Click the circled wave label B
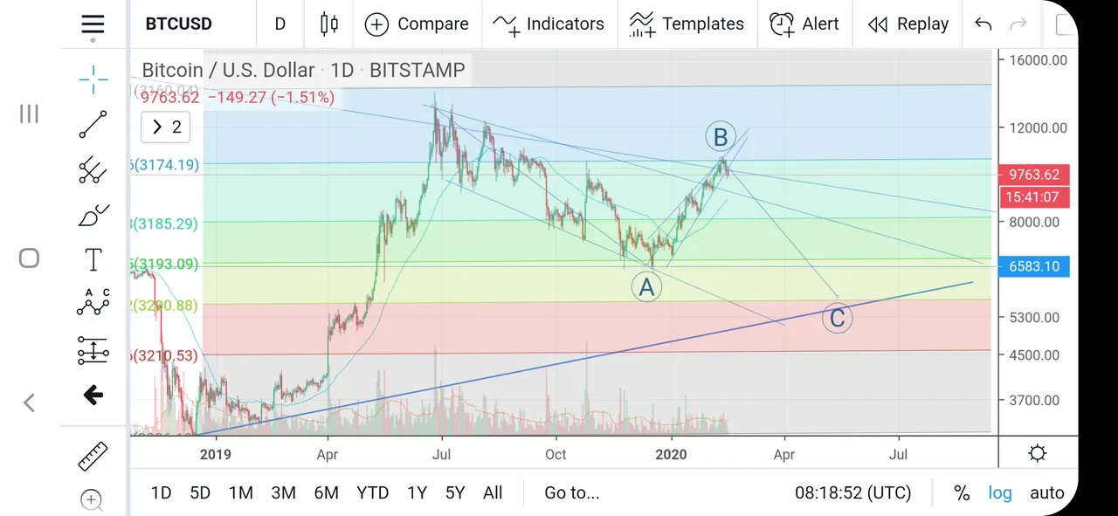pos(721,136)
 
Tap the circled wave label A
pos(646,286)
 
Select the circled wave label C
pos(837,319)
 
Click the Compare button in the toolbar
pos(417,24)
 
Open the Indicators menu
pos(549,24)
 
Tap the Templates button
pos(687,24)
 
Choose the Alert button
pos(804,24)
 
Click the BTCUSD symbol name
pos(178,24)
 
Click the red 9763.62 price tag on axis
pos(1032,175)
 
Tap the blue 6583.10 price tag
pos(1032,266)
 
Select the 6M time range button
pos(326,492)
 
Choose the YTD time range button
pos(372,492)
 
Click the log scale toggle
pos(1000,492)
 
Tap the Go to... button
pos(571,492)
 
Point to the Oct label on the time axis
pos(556,454)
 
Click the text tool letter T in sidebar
pos(93,259)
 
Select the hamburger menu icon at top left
pos(93,24)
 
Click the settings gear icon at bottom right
pos(1038,453)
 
